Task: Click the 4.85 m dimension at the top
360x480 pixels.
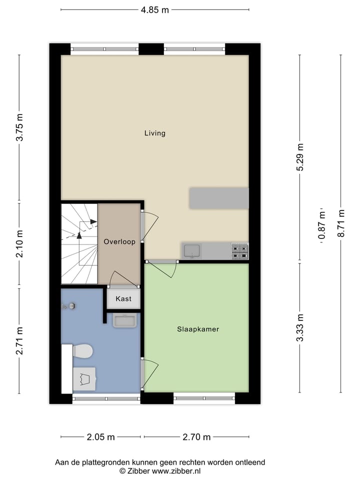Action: coord(154,9)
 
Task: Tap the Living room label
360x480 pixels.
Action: coord(154,133)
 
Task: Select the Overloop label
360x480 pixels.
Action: coord(119,241)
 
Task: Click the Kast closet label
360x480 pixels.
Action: coord(123,299)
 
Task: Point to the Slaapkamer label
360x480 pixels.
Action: coord(198,329)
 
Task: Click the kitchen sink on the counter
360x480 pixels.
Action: coord(192,250)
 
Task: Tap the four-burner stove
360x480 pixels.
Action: coord(239,251)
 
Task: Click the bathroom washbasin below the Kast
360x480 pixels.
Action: coord(124,320)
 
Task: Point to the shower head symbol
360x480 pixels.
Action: coord(70,306)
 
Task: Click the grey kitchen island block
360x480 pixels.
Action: coord(218,198)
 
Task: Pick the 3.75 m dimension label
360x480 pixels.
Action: coord(19,128)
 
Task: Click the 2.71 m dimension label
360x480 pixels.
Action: coord(19,341)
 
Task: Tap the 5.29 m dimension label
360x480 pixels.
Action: coord(300,157)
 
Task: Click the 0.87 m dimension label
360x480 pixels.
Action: coord(321,226)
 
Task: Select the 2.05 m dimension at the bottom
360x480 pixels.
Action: coord(100,437)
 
